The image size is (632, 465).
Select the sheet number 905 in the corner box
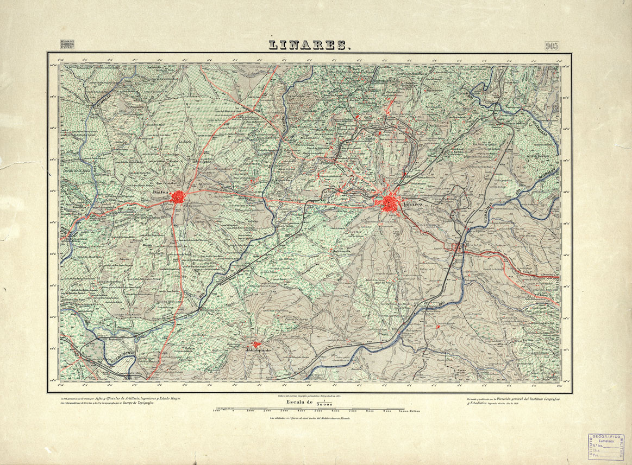[551, 46]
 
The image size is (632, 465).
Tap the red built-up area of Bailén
[178, 198]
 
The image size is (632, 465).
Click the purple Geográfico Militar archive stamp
[605, 447]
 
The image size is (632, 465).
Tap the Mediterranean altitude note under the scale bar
[310, 418]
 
